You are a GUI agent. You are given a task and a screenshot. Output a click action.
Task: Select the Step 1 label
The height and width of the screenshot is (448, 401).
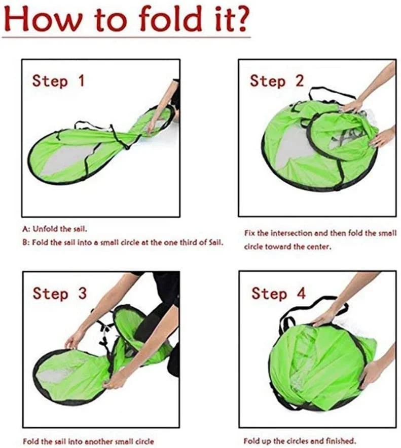(x=58, y=81)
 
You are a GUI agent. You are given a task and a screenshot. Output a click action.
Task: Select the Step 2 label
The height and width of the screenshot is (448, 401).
(x=276, y=81)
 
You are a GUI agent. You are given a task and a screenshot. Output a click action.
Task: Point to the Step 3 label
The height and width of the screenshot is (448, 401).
(x=59, y=294)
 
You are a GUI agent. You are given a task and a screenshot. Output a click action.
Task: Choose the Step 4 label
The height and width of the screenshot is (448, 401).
(x=278, y=294)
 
